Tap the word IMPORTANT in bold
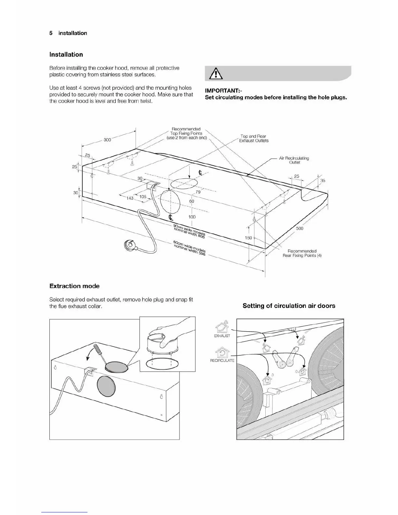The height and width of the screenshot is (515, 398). coord(222,91)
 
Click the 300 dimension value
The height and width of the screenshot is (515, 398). coord(107,140)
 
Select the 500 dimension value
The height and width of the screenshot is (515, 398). coord(299,229)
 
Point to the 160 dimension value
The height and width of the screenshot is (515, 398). coord(248,238)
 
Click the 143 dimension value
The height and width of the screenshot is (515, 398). coord(130,198)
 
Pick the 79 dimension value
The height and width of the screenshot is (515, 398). coord(198,192)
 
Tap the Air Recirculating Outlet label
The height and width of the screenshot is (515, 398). coord(294,160)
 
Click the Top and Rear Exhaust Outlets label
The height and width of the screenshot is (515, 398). coord(254,139)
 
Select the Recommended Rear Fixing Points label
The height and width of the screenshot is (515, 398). coord(302,253)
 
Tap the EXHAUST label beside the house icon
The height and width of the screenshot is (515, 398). coord(222,336)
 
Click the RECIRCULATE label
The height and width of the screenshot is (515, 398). coord(222,361)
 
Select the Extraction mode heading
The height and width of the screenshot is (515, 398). coord(74,286)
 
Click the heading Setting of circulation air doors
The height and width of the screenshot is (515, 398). coord(289,306)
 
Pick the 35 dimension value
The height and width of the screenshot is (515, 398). coord(323,180)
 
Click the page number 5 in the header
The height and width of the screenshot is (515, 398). coord(51,33)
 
